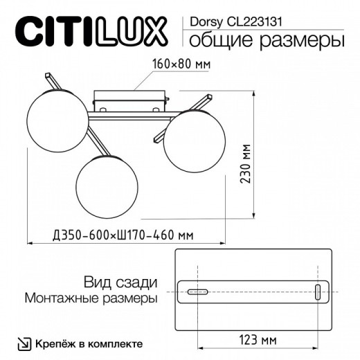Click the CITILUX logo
[91, 32]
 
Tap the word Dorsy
[204, 21]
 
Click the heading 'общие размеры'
[267, 40]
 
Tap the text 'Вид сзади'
[120, 282]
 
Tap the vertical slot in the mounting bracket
[318, 292]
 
